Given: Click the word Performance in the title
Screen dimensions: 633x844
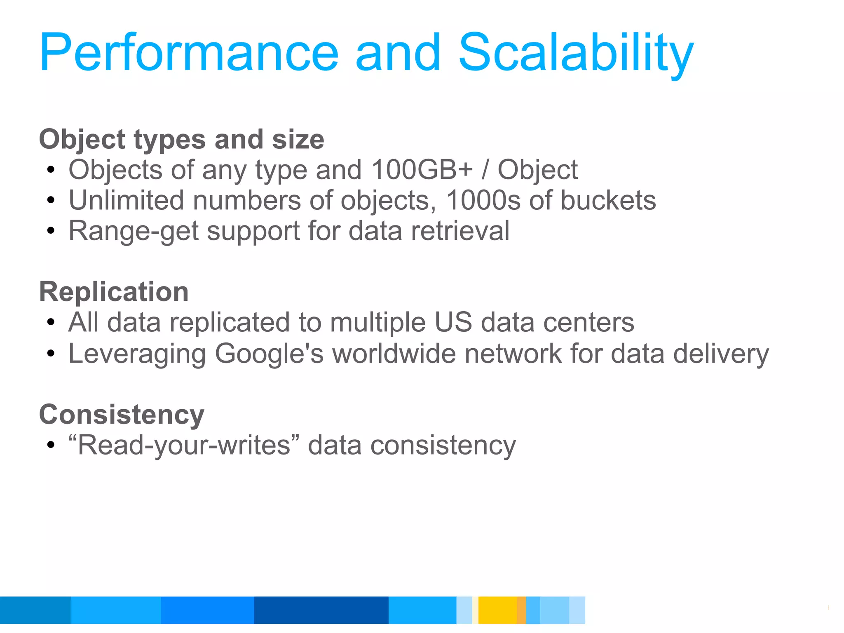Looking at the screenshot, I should click(x=189, y=54).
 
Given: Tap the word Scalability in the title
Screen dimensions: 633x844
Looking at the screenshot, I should click(x=576, y=54).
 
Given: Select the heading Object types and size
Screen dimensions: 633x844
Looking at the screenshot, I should click(x=181, y=139).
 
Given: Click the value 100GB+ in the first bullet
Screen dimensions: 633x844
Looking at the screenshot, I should click(x=422, y=170).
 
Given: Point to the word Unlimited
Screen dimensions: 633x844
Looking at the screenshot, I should click(x=126, y=200).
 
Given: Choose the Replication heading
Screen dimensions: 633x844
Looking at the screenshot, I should click(x=114, y=292).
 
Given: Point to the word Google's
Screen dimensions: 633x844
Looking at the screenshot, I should click(x=269, y=354).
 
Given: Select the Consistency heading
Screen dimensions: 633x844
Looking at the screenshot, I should click(x=122, y=414).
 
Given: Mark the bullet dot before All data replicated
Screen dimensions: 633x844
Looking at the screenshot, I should click(x=51, y=323).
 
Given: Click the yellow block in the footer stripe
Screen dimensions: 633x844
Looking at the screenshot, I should click(x=497, y=610).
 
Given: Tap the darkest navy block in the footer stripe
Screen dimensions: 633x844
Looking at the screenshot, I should click(x=321, y=610).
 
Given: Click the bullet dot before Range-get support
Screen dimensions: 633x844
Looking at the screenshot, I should click(x=51, y=231).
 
